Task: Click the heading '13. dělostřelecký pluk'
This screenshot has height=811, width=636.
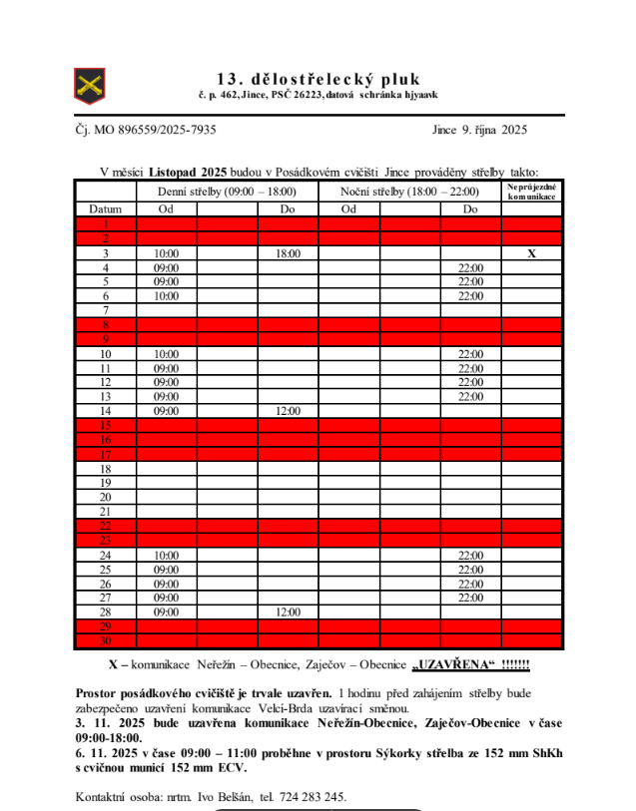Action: [x=318, y=79]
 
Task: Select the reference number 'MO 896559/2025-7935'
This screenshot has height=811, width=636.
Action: [x=155, y=130]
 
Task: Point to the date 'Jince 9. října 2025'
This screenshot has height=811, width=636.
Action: [x=479, y=130]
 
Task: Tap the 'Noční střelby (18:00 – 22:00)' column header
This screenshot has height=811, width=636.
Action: [x=409, y=192]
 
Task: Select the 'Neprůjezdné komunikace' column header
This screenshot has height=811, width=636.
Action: [x=532, y=192]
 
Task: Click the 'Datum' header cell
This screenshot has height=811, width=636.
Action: [x=106, y=209]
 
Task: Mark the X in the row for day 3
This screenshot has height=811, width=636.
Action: [x=532, y=253]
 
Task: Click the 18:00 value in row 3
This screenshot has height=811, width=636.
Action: [x=288, y=253]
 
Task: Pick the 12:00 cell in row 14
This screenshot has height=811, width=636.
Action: [x=288, y=411]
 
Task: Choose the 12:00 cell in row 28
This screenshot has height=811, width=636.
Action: [x=288, y=611]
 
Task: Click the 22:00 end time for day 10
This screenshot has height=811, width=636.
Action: [x=470, y=354]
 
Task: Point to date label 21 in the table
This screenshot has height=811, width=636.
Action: [x=106, y=512]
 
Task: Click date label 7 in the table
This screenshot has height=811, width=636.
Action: [x=106, y=310]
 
